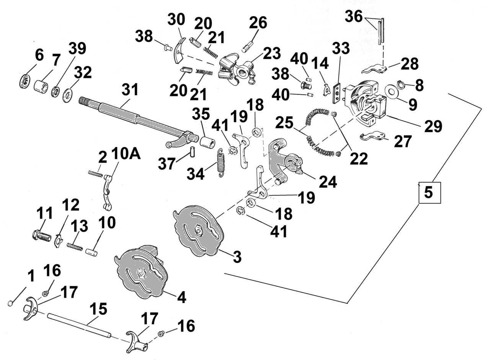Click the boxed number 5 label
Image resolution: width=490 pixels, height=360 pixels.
429,193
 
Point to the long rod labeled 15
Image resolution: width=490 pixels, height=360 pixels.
79,325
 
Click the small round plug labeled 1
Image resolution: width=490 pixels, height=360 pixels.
10,303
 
